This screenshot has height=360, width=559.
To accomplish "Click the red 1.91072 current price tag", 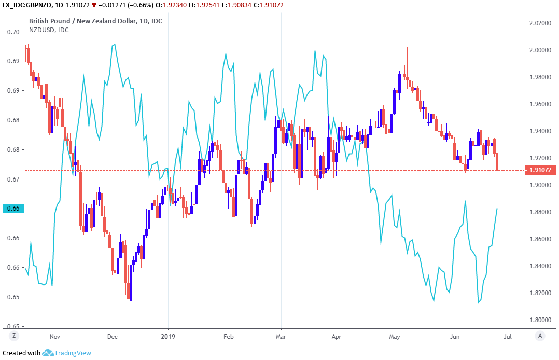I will (x=540, y=170).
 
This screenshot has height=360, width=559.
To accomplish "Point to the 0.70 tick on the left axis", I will (x=13, y=32).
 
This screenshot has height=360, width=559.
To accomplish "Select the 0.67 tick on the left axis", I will (x=13, y=179).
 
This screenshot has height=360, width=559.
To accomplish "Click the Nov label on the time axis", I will (x=55, y=336).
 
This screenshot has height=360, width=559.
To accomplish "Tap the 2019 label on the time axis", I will (x=168, y=336).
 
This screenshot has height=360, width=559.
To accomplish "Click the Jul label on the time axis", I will (x=508, y=336).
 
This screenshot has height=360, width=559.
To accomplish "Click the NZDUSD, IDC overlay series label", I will (x=49, y=30).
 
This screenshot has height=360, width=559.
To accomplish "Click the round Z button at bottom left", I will (x=13, y=336).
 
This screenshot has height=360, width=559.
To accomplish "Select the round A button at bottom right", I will (x=540, y=336).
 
